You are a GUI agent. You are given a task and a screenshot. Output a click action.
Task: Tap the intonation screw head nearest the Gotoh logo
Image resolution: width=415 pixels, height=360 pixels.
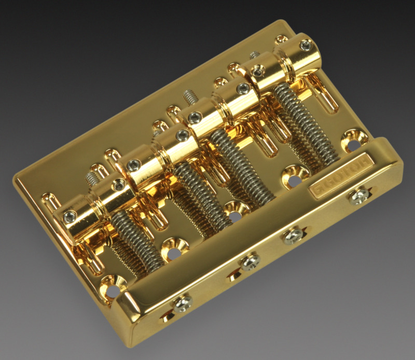coord(359,196)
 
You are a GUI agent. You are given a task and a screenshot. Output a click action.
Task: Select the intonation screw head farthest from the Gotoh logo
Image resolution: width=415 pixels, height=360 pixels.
coord(183,304)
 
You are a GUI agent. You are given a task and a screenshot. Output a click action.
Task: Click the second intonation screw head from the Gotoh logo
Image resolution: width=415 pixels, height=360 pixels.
coord(293,236)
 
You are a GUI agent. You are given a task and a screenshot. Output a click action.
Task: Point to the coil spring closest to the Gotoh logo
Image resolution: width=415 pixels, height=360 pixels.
coord(306,124)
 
